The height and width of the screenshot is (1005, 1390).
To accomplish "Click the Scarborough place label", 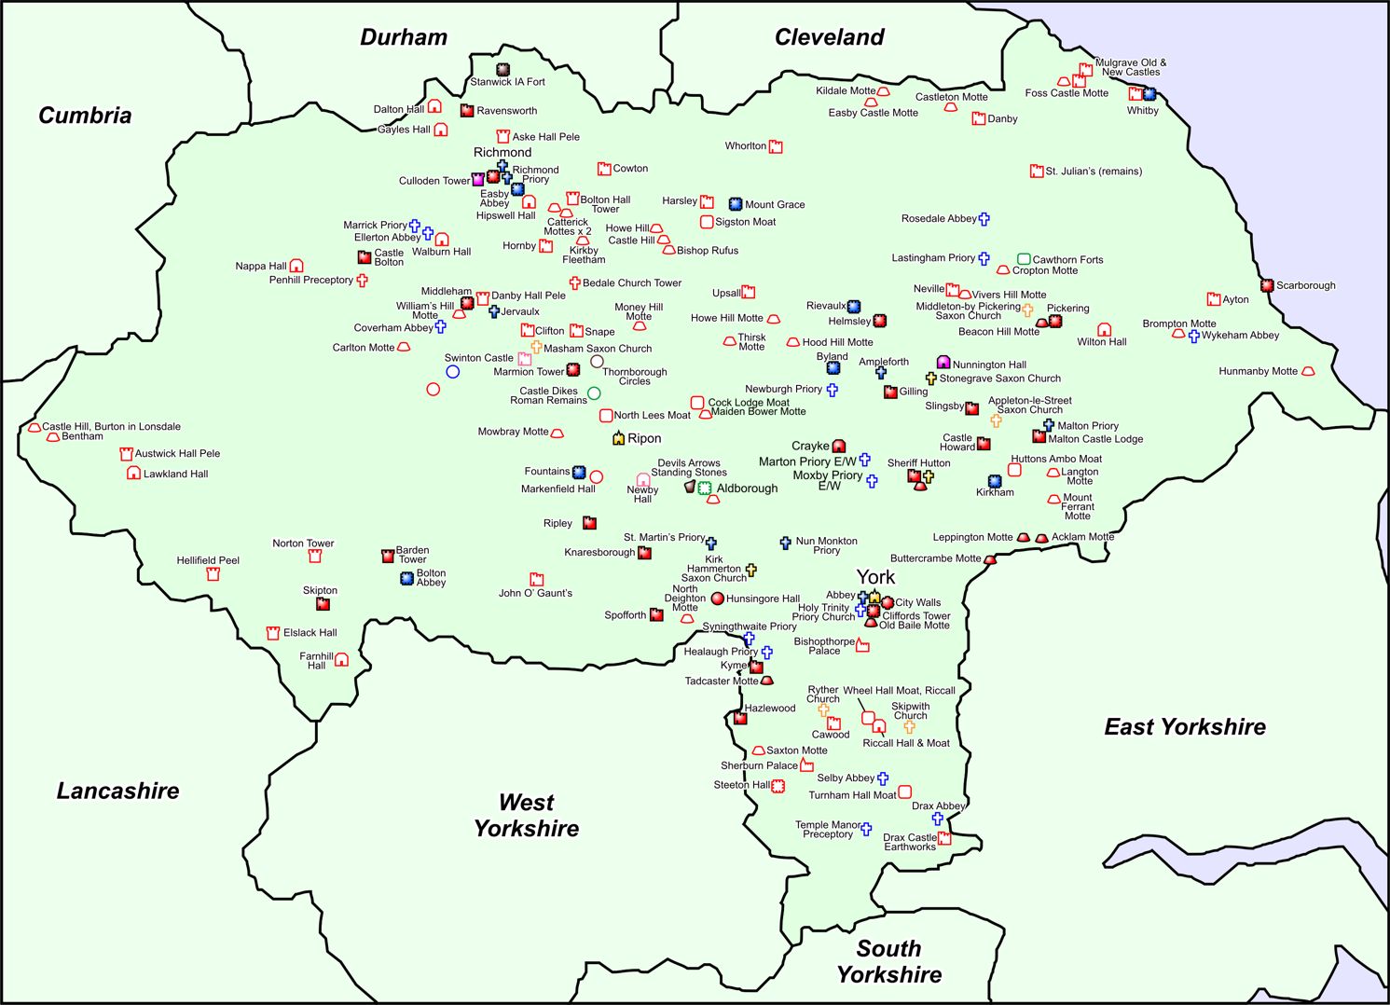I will click(x=1305, y=285).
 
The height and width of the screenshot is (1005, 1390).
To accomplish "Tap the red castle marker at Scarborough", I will click(x=1267, y=285).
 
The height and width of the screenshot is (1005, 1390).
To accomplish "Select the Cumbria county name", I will click(x=85, y=116).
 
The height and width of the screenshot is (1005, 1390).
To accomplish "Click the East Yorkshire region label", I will click(x=1185, y=727).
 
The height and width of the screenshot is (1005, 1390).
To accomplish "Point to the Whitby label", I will click(x=1142, y=110).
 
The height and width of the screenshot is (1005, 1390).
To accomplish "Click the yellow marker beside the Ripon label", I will click(x=618, y=437).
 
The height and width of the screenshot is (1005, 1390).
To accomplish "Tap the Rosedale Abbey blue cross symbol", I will click(x=984, y=219).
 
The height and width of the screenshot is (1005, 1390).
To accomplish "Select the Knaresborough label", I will click(x=599, y=552).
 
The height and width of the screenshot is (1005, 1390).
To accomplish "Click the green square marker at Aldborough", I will click(x=705, y=488).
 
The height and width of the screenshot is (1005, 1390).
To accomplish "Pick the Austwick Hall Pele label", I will click(x=177, y=454).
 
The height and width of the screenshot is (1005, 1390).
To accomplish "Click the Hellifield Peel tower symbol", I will click(x=213, y=574).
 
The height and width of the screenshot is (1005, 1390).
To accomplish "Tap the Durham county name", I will click(x=404, y=37).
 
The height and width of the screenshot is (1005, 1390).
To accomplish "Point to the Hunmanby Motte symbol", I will click(x=1308, y=371).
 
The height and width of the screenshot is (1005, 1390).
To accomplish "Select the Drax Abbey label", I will click(x=938, y=805).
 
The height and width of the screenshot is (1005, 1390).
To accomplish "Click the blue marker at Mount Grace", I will click(x=735, y=204).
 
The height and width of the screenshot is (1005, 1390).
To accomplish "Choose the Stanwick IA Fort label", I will click(x=507, y=82).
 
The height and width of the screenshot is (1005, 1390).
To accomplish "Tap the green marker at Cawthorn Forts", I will click(x=1024, y=259).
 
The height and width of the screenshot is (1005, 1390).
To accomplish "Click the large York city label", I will click(x=875, y=577).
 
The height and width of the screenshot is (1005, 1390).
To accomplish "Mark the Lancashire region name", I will click(x=117, y=791).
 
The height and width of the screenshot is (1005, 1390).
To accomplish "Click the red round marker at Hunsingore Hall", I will click(x=717, y=599).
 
